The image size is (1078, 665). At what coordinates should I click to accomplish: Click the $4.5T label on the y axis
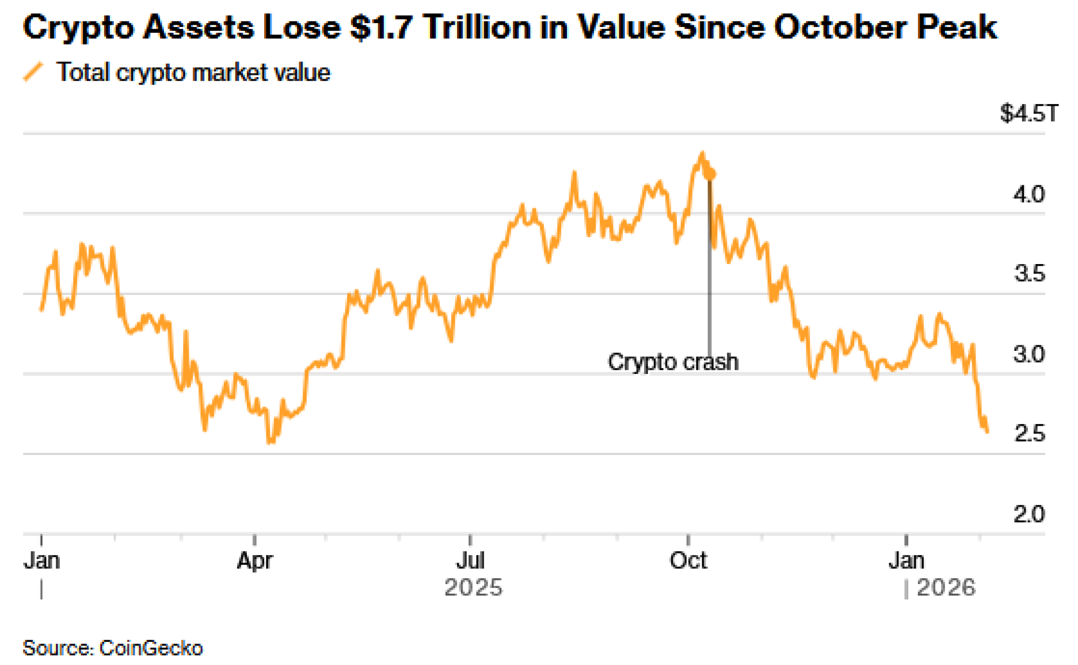[x=1028, y=113]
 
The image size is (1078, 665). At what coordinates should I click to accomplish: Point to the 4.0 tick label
[x=1028, y=194]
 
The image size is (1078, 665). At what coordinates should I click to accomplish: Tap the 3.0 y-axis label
[x=1028, y=354]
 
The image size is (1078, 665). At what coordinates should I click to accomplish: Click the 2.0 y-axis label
[x=1028, y=514]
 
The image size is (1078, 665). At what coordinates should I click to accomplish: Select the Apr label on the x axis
[x=254, y=561]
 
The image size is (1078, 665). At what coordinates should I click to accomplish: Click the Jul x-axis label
[x=470, y=561]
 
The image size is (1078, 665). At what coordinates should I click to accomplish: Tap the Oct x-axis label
[x=688, y=561]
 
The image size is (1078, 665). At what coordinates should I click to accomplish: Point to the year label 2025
[x=473, y=587]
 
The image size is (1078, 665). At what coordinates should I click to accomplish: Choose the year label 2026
[x=946, y=587]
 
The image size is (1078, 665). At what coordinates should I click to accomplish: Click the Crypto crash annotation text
[x=673, y=362]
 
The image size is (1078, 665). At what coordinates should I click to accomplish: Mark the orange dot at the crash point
[x=710, y=174]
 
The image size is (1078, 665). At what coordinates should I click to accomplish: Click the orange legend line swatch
[x=33, y=72]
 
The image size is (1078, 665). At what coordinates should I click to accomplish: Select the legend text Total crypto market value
[x=194, y=72]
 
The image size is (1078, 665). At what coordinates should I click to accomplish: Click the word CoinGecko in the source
[x=151, y=648]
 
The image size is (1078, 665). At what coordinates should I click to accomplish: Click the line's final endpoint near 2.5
[x=987, y=431]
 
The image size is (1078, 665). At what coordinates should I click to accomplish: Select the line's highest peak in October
[x=702, y=153]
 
